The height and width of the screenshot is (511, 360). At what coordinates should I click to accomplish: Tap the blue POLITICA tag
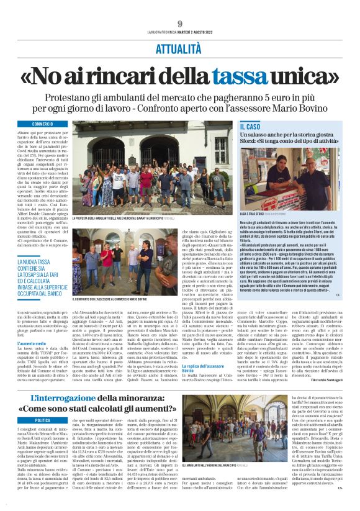click(43, 420)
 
